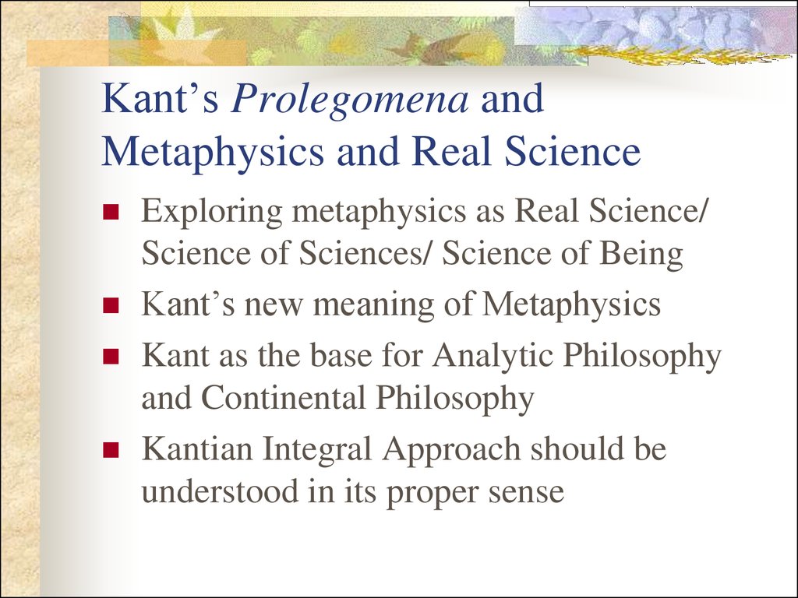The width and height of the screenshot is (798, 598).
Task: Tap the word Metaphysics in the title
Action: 213,152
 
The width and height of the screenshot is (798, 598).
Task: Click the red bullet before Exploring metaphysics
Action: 111,212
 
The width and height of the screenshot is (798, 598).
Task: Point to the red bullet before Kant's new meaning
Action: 111,305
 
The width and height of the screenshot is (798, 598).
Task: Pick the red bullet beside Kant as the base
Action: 111,356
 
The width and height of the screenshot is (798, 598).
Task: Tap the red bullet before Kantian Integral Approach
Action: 111,449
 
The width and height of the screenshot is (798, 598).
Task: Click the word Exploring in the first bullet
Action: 212,213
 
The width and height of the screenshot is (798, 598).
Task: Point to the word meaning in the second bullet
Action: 373,306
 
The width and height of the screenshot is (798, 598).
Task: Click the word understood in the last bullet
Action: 220,491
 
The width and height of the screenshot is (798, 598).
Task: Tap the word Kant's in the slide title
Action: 161,99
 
